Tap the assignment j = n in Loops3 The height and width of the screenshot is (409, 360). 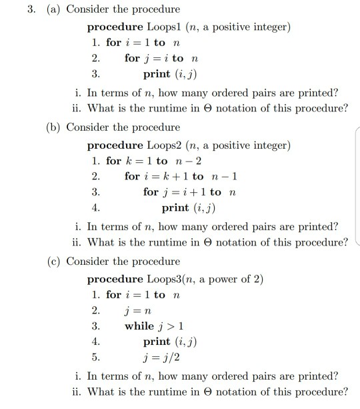pyautogui.click(x=137, y=310)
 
